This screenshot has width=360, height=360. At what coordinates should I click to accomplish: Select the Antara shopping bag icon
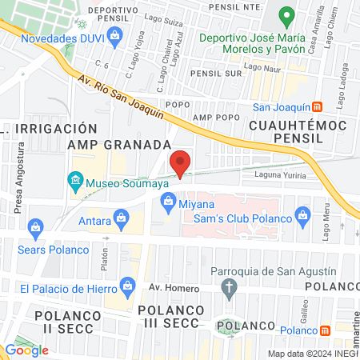coord(122,216)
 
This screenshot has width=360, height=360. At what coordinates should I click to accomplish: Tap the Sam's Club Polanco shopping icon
coord(302,214)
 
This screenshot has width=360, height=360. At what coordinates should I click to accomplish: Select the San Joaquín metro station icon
coord(317,106)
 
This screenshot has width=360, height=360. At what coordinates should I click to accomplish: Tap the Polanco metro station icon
coord(325,330)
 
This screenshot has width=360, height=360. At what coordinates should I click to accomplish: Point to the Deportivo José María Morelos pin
coord(286,16)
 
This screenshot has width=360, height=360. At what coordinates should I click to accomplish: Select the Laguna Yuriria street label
coord(280,173)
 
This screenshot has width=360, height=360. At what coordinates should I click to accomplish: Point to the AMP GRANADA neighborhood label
coord(119,145)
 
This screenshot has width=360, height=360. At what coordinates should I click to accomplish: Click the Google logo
coord(26,350)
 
